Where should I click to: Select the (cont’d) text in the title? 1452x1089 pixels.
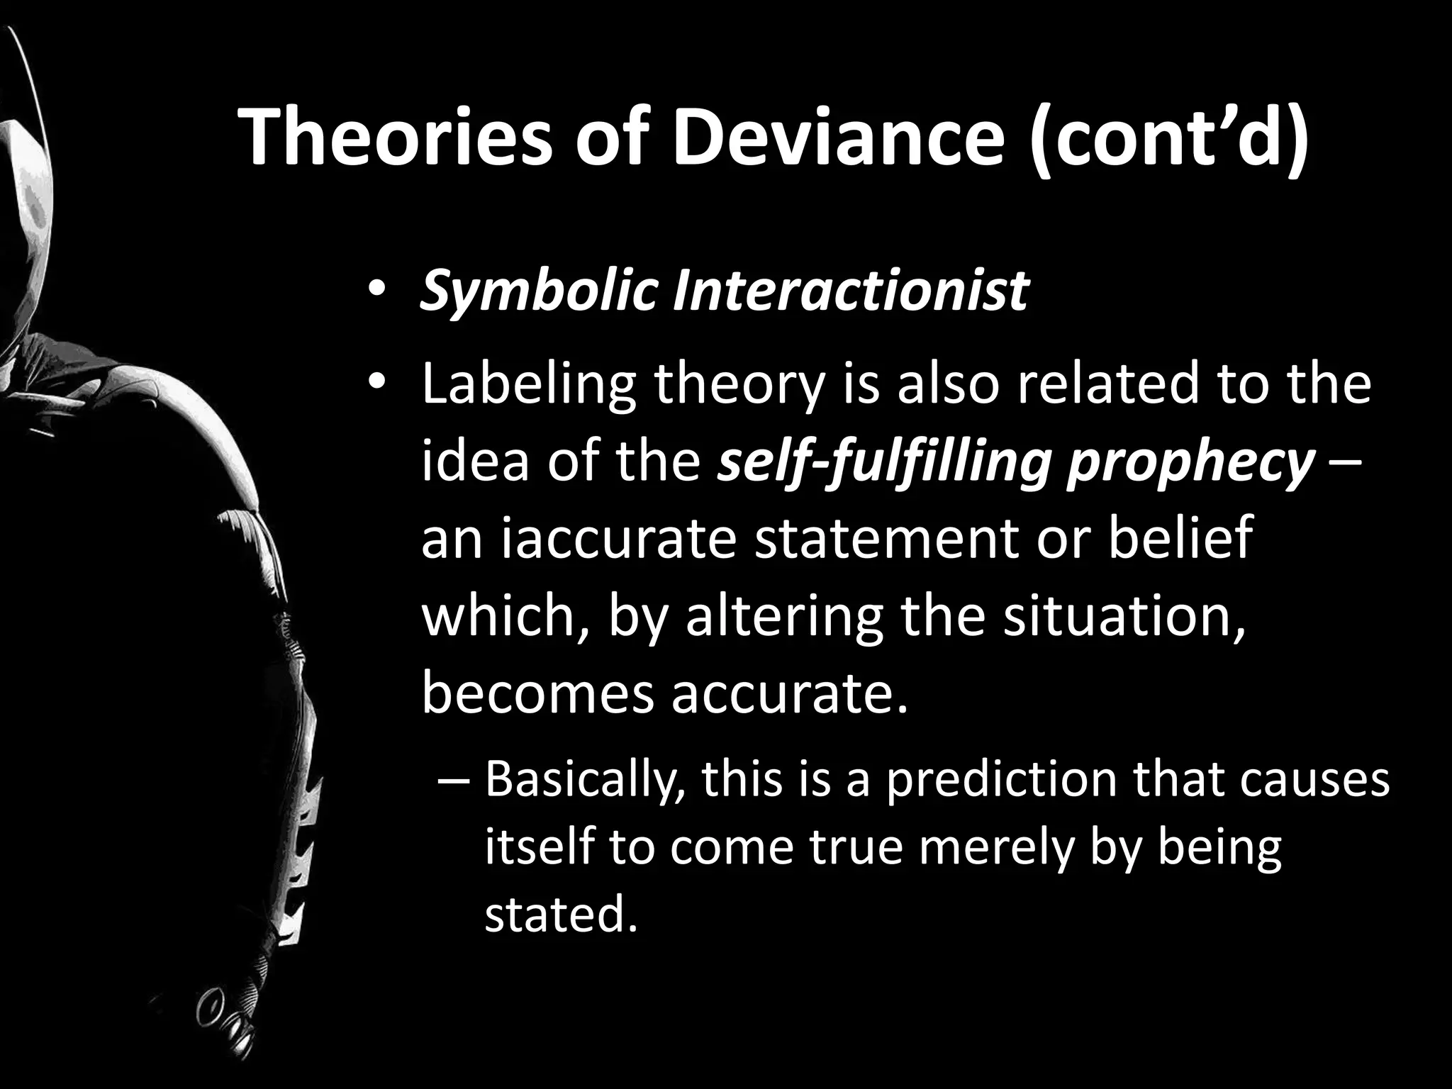coord(1166,138)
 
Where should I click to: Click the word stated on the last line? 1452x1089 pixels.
coord(557,914)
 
